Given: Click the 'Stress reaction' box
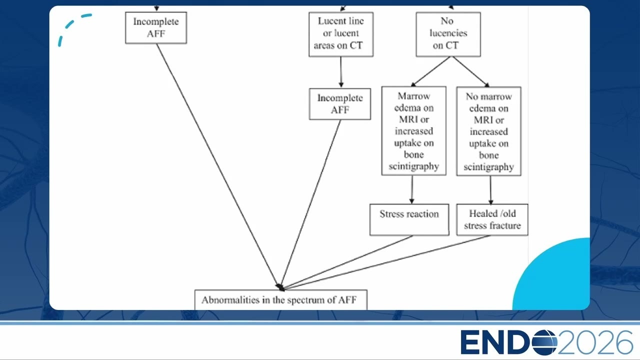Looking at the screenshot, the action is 409,219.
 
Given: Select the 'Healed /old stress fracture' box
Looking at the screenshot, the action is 492,219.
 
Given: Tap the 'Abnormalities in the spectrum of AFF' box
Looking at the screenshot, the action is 281,299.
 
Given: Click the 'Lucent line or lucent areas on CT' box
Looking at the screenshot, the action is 341,34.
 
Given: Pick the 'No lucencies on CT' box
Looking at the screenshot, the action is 448,34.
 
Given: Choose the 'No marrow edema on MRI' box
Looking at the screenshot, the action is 488,131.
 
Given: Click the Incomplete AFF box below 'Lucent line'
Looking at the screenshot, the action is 339,104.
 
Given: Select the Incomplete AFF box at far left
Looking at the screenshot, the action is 156,27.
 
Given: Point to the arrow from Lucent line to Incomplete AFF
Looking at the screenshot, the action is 341,72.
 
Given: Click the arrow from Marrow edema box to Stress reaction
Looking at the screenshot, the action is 411,189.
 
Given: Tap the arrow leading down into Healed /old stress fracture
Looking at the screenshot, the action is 490,190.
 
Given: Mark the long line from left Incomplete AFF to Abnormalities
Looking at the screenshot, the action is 217,165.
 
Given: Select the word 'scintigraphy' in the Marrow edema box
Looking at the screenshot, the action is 413,166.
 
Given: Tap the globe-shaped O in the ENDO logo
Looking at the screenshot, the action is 544,342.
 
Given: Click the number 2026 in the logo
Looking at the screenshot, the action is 595,342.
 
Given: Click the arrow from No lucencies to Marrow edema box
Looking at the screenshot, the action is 430,71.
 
